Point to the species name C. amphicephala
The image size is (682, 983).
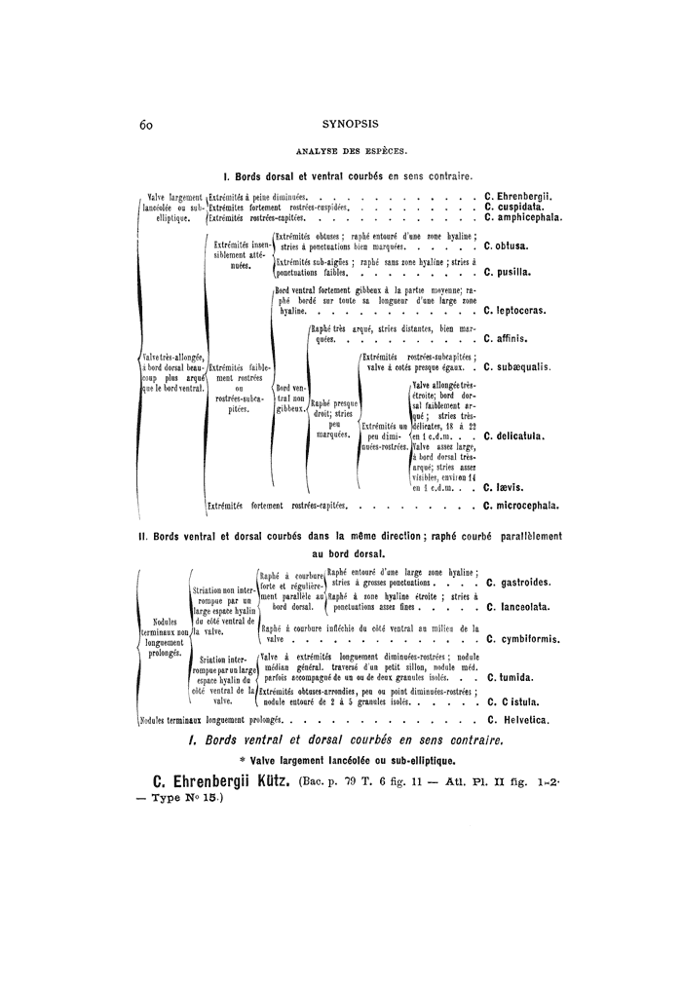(523, 218)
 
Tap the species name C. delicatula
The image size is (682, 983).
(516, 436)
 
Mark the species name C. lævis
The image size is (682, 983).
(503, 486)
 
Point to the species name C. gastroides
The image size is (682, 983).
(520, 583)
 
